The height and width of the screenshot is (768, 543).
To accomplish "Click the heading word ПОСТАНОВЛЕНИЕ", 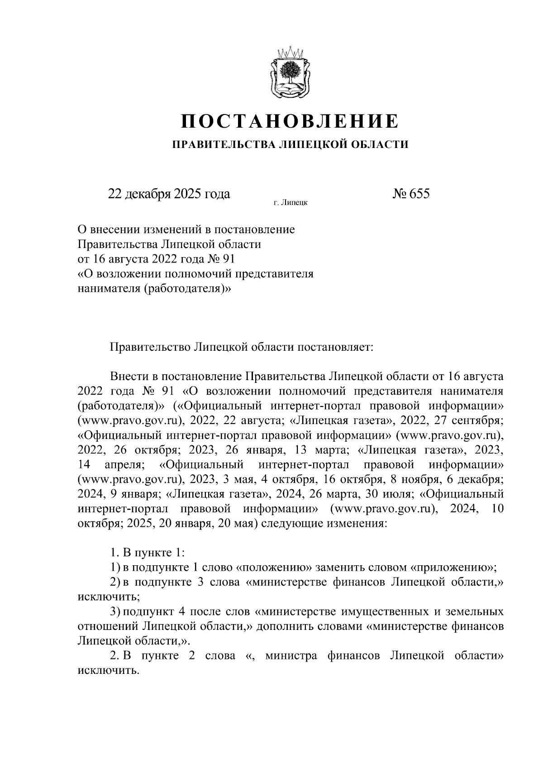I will tap(290, 122).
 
